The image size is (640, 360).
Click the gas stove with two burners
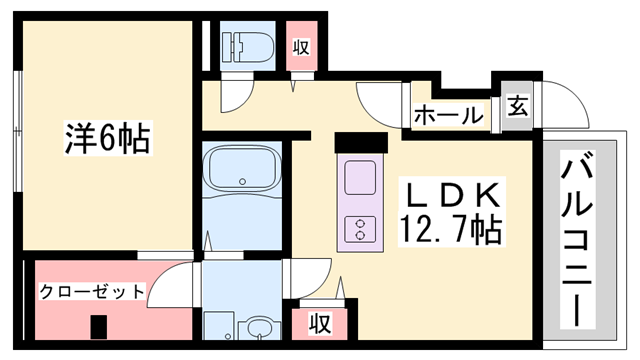(x=359, y=229)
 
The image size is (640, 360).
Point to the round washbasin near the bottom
(x=258, y=329)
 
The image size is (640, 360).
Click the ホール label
(x=448, y=114)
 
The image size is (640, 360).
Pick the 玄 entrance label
(x=519, y=105)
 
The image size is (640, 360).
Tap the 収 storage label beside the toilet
(x=301, y=46)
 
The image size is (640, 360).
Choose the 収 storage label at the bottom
(x=319, y=323)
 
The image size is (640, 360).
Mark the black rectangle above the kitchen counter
(x=360, y=142)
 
